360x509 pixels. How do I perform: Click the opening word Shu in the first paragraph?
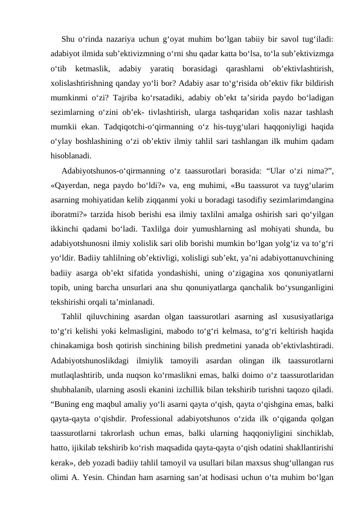pos(68,37)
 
